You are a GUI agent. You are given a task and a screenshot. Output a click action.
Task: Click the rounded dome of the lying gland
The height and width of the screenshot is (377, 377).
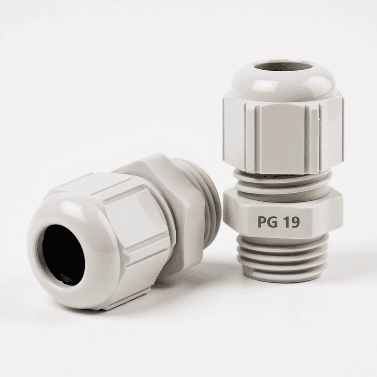coord(71,221)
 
